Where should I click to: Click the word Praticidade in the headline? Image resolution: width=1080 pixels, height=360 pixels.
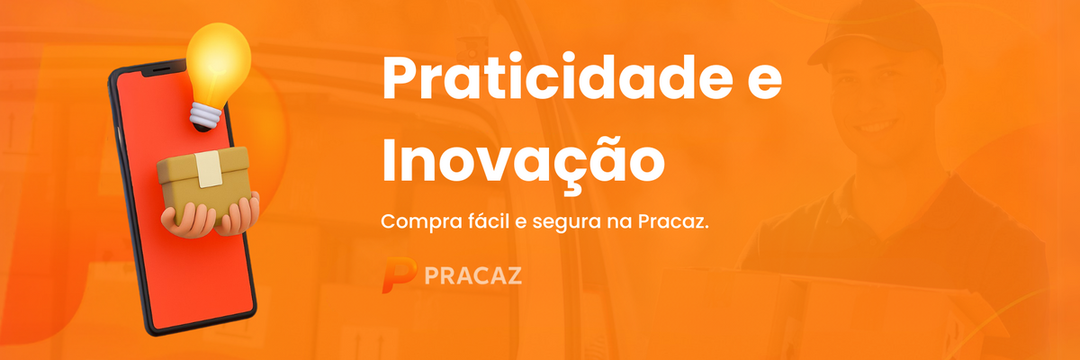[x=558, y=78]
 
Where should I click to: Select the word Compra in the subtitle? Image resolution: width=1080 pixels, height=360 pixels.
[x=420, y=222]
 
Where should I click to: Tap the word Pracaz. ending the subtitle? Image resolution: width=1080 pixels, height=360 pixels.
[x=673, y=221]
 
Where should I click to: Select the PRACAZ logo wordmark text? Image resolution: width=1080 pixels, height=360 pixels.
[x=473, y=275]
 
